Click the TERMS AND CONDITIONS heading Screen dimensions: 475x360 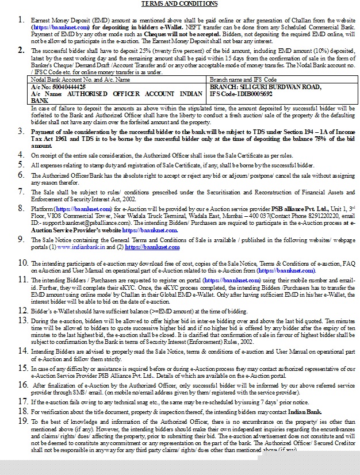[179, 4]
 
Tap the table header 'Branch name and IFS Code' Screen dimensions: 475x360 [243, 79]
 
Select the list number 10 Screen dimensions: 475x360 [21, 263]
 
